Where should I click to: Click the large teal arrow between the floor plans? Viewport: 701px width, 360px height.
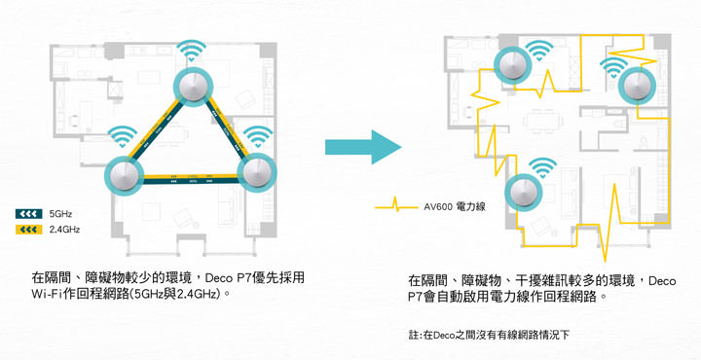(x=362, y=147)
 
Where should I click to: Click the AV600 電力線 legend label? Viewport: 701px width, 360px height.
(x=456, y=206)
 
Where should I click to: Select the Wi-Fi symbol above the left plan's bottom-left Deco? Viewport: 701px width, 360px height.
(x=124, y=135)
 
